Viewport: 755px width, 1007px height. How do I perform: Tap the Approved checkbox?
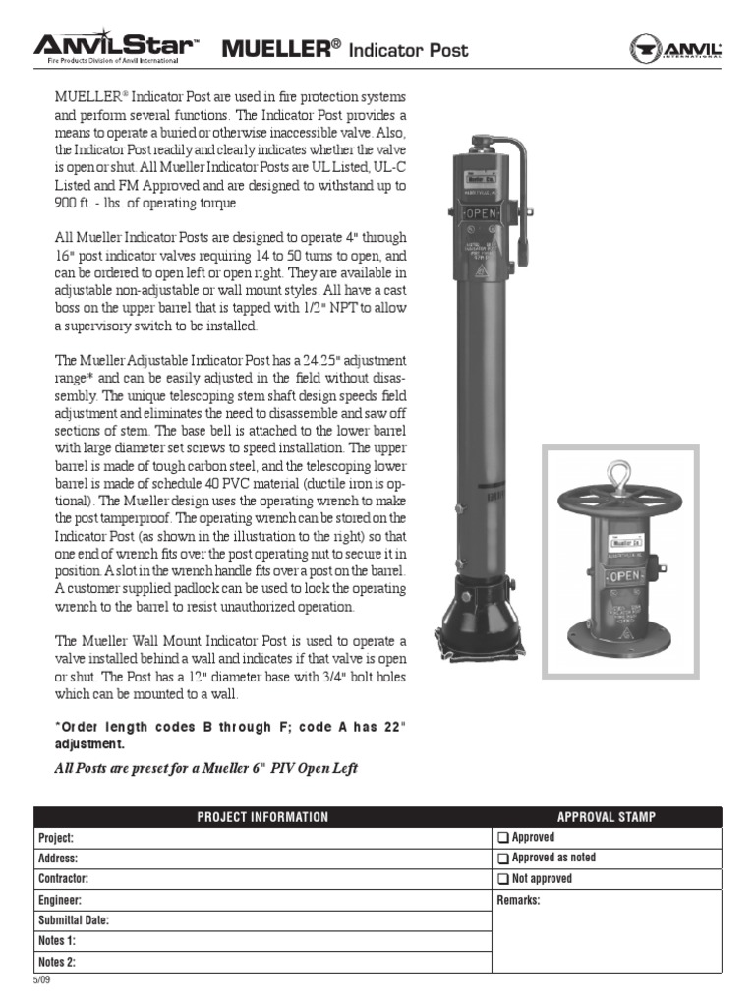[502, 838]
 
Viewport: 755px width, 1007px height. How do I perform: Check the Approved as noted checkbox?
[502, 859]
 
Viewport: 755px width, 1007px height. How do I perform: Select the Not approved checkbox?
[502, 879]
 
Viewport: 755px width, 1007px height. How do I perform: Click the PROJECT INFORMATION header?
[262, 817]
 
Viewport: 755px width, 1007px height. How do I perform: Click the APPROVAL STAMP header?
[607, 817]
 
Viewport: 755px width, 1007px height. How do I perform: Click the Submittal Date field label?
[74, 920]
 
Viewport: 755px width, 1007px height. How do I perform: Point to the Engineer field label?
[60, 900]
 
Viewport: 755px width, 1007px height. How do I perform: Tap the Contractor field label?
[64, 879]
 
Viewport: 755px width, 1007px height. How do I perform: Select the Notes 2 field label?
[57, 962]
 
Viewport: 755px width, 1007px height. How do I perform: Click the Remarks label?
[519, 900]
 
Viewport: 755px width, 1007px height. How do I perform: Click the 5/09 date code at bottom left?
[40, 980]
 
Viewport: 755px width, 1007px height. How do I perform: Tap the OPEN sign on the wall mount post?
[624, 576]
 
